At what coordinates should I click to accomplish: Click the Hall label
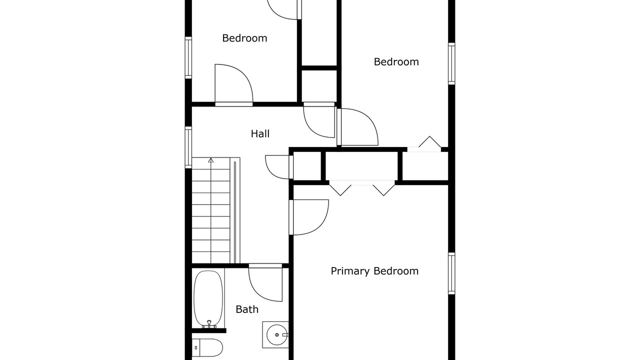(x=260, y=133)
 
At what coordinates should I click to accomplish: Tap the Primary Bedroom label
(x=374, y=271)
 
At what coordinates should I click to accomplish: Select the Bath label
(x=247, y=309)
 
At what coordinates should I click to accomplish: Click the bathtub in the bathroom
(x=208, y=299)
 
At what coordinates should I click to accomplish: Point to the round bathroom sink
(x=276, y=334)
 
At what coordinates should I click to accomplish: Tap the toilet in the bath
(x=207, y=347)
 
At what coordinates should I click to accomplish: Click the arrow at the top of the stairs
(x=211, y=160)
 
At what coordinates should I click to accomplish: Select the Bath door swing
(x=265, y=282)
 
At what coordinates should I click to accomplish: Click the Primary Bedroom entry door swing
(x=309, y=217)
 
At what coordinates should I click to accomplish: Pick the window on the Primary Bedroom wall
(x=451, y=273)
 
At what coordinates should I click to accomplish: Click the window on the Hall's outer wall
(x=188, y=147)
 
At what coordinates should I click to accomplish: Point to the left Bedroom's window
(x=188, y=57)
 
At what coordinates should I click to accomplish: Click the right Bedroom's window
(x=451, y=63)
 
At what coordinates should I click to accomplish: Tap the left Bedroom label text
(x=244, y=38)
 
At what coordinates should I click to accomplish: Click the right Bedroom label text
(x=396, y=62)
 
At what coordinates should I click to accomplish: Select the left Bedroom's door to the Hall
(x=233, y=85)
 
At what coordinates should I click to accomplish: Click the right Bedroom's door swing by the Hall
(x=357, y=127)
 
